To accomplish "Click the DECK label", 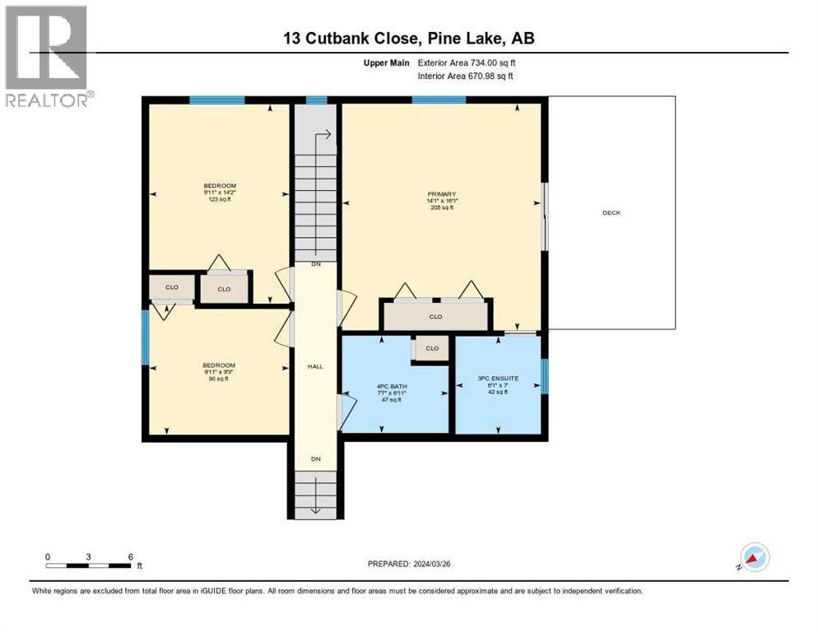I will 611,213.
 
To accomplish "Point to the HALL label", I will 315,366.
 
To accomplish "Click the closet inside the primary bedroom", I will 435,316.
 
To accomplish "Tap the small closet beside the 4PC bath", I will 431,349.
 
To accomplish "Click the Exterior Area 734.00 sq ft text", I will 467,63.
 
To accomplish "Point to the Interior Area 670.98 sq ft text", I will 467,77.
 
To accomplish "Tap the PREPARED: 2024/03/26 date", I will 409,564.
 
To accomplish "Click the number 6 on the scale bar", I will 131,556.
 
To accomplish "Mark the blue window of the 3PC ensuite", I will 544,376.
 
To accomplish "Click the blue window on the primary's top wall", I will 439,100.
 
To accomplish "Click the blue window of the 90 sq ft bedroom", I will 146,337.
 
